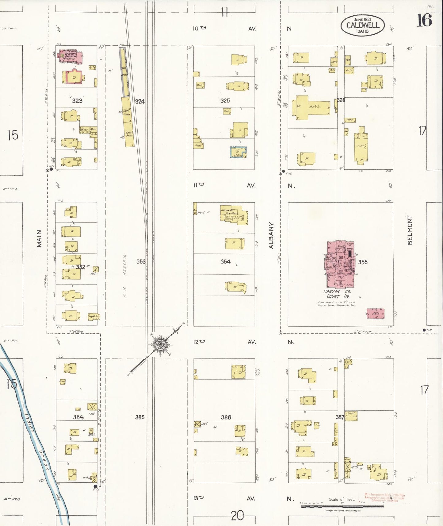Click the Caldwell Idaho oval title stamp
point(362,25)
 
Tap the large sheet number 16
point(424,20)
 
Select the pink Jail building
point(376,314)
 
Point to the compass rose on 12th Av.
point(160,345)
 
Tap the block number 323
point(77,101)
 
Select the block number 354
point(225,261)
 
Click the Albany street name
point(271,235)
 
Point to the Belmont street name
point(410,230)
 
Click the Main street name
point(39,238)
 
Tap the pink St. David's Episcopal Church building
point(71,56)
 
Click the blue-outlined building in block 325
point(238,152)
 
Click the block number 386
point(226,417)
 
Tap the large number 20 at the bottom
point(237,516)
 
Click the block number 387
point(340,417)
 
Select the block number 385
point(140,417)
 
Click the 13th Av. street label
point(199,498)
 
